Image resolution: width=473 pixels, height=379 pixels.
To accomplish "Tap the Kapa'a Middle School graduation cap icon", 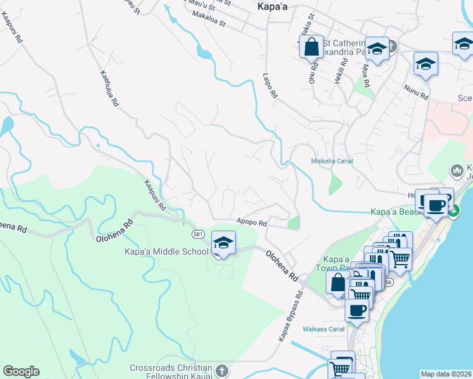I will [x=223, y=243].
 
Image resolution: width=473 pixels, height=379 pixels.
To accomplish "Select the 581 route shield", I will [x=197, y=234].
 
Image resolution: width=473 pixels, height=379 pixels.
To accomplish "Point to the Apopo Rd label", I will [x=252, y=222].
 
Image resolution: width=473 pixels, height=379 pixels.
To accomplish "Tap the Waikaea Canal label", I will [x=327, y=328].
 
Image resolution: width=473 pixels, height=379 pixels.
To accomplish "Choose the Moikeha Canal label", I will [x=331, y=161].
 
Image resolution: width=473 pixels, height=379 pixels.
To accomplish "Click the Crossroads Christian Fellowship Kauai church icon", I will [x=221, y=370].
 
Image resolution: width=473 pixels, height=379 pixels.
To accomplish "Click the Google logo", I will [x=21, y=371].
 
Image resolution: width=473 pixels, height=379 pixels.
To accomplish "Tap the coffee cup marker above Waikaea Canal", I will [x=357, y=311].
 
